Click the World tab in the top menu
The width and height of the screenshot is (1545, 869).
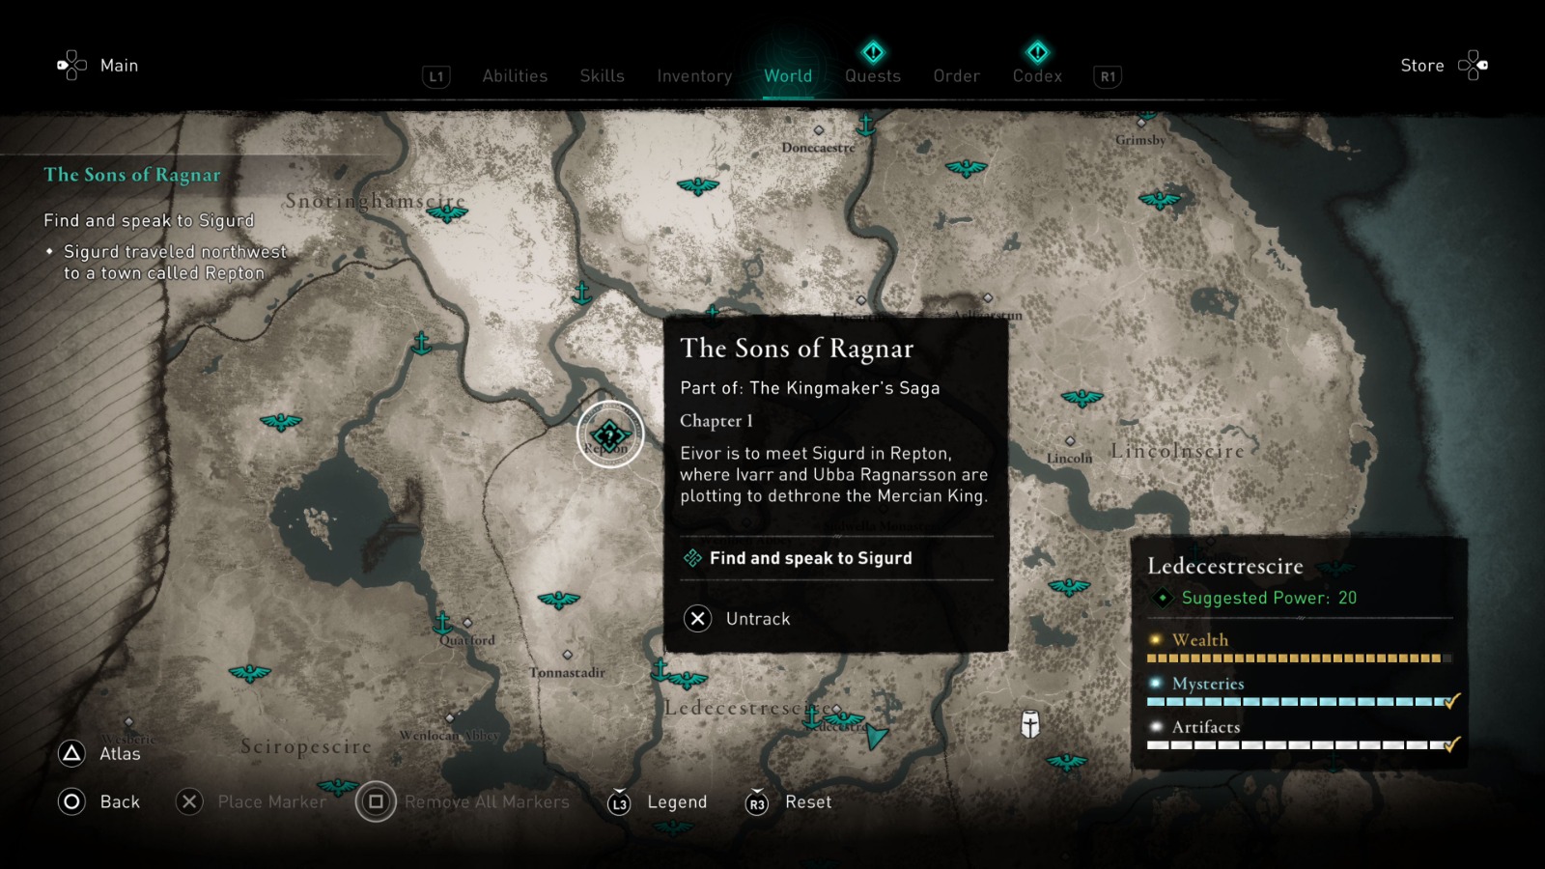pyautogui.click(x=788, y=75)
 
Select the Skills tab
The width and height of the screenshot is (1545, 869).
pyautogui.click(x=602, y=75)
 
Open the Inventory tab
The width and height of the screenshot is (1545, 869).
pyautogui.click(x=694, y=75)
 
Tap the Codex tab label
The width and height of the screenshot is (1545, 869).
pyautogui.click(x=1037, y=75)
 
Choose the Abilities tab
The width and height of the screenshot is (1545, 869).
pyautogui.click(x=515, y=75)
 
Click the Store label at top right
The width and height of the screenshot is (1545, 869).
pyautogui.click(x=1421, y=66)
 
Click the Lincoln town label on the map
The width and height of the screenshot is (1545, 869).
pyautogui.click(x=1070, y=458)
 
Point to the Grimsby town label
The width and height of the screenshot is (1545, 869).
pyautogui.click(x=1140, y=140)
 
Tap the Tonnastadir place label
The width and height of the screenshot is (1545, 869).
pyautogui.click(x=567, y=672)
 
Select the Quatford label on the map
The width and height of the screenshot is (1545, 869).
pyautogui.click(x=467, y=639)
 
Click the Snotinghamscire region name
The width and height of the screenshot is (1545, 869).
pyautogui.click(x=375, y=201)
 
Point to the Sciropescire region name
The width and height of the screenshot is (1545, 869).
pyautogui.click(x=306, y=746)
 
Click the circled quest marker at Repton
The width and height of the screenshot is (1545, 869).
pyautogui.click(x=609, y=434)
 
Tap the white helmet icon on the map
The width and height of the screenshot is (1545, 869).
pyautogui.click(x=1030, y=724)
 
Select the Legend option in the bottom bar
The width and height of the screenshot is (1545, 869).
pyautogui.click(x=677, y=801)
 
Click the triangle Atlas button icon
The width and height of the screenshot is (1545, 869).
pyautogui.click(x=72, y=753)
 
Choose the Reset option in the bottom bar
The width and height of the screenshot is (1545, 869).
pyautogui.click(x=808, y=801)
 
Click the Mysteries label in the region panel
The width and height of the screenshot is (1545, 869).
pyautogui.click(x=1208, y=684)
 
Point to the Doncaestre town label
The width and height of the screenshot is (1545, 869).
pyautogui.click(x=818, y=148)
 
